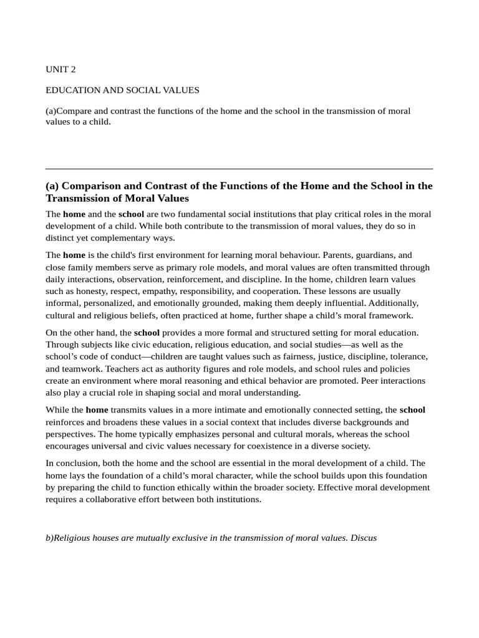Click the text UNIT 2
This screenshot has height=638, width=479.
[60, 69]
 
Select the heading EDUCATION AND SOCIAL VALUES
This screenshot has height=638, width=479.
[122, 90]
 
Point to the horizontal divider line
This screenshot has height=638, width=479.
[239, 168]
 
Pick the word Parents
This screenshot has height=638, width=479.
[325, 255]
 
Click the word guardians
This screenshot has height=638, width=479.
[369, 255]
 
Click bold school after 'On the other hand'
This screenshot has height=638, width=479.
[147, 333]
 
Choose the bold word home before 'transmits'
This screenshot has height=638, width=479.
[97, 410]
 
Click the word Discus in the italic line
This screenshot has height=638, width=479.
[364, 538]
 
